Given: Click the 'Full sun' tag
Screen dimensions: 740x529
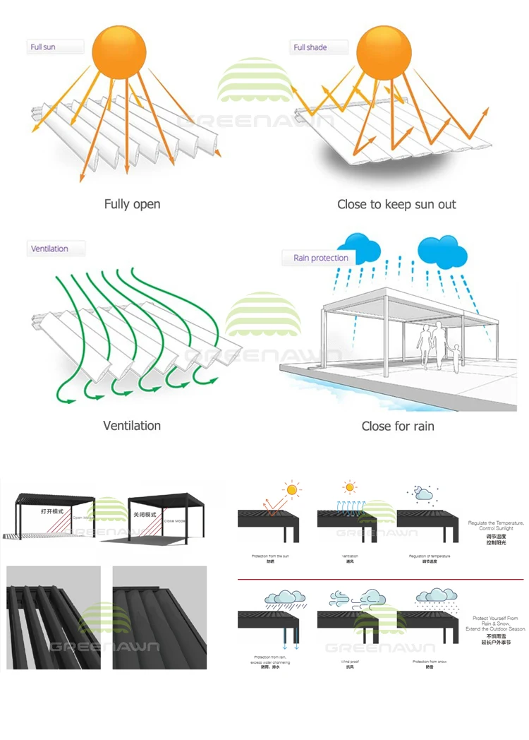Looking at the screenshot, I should [44, 47].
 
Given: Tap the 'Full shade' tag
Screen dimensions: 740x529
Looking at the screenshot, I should [310, 47].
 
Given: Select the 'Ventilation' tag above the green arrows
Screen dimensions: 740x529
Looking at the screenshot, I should [49, 249].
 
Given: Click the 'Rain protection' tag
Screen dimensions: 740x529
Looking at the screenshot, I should [320, 258].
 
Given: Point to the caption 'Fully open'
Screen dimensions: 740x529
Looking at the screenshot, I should [132, 204].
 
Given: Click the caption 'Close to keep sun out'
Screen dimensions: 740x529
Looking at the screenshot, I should [396, 204].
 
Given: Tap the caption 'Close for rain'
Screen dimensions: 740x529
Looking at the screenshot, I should [398, 426].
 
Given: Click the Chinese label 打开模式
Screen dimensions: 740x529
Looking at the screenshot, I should [52, 511].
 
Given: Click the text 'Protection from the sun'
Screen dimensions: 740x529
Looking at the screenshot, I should [270, 556].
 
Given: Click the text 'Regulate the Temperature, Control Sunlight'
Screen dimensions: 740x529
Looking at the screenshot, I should [496, 526].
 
